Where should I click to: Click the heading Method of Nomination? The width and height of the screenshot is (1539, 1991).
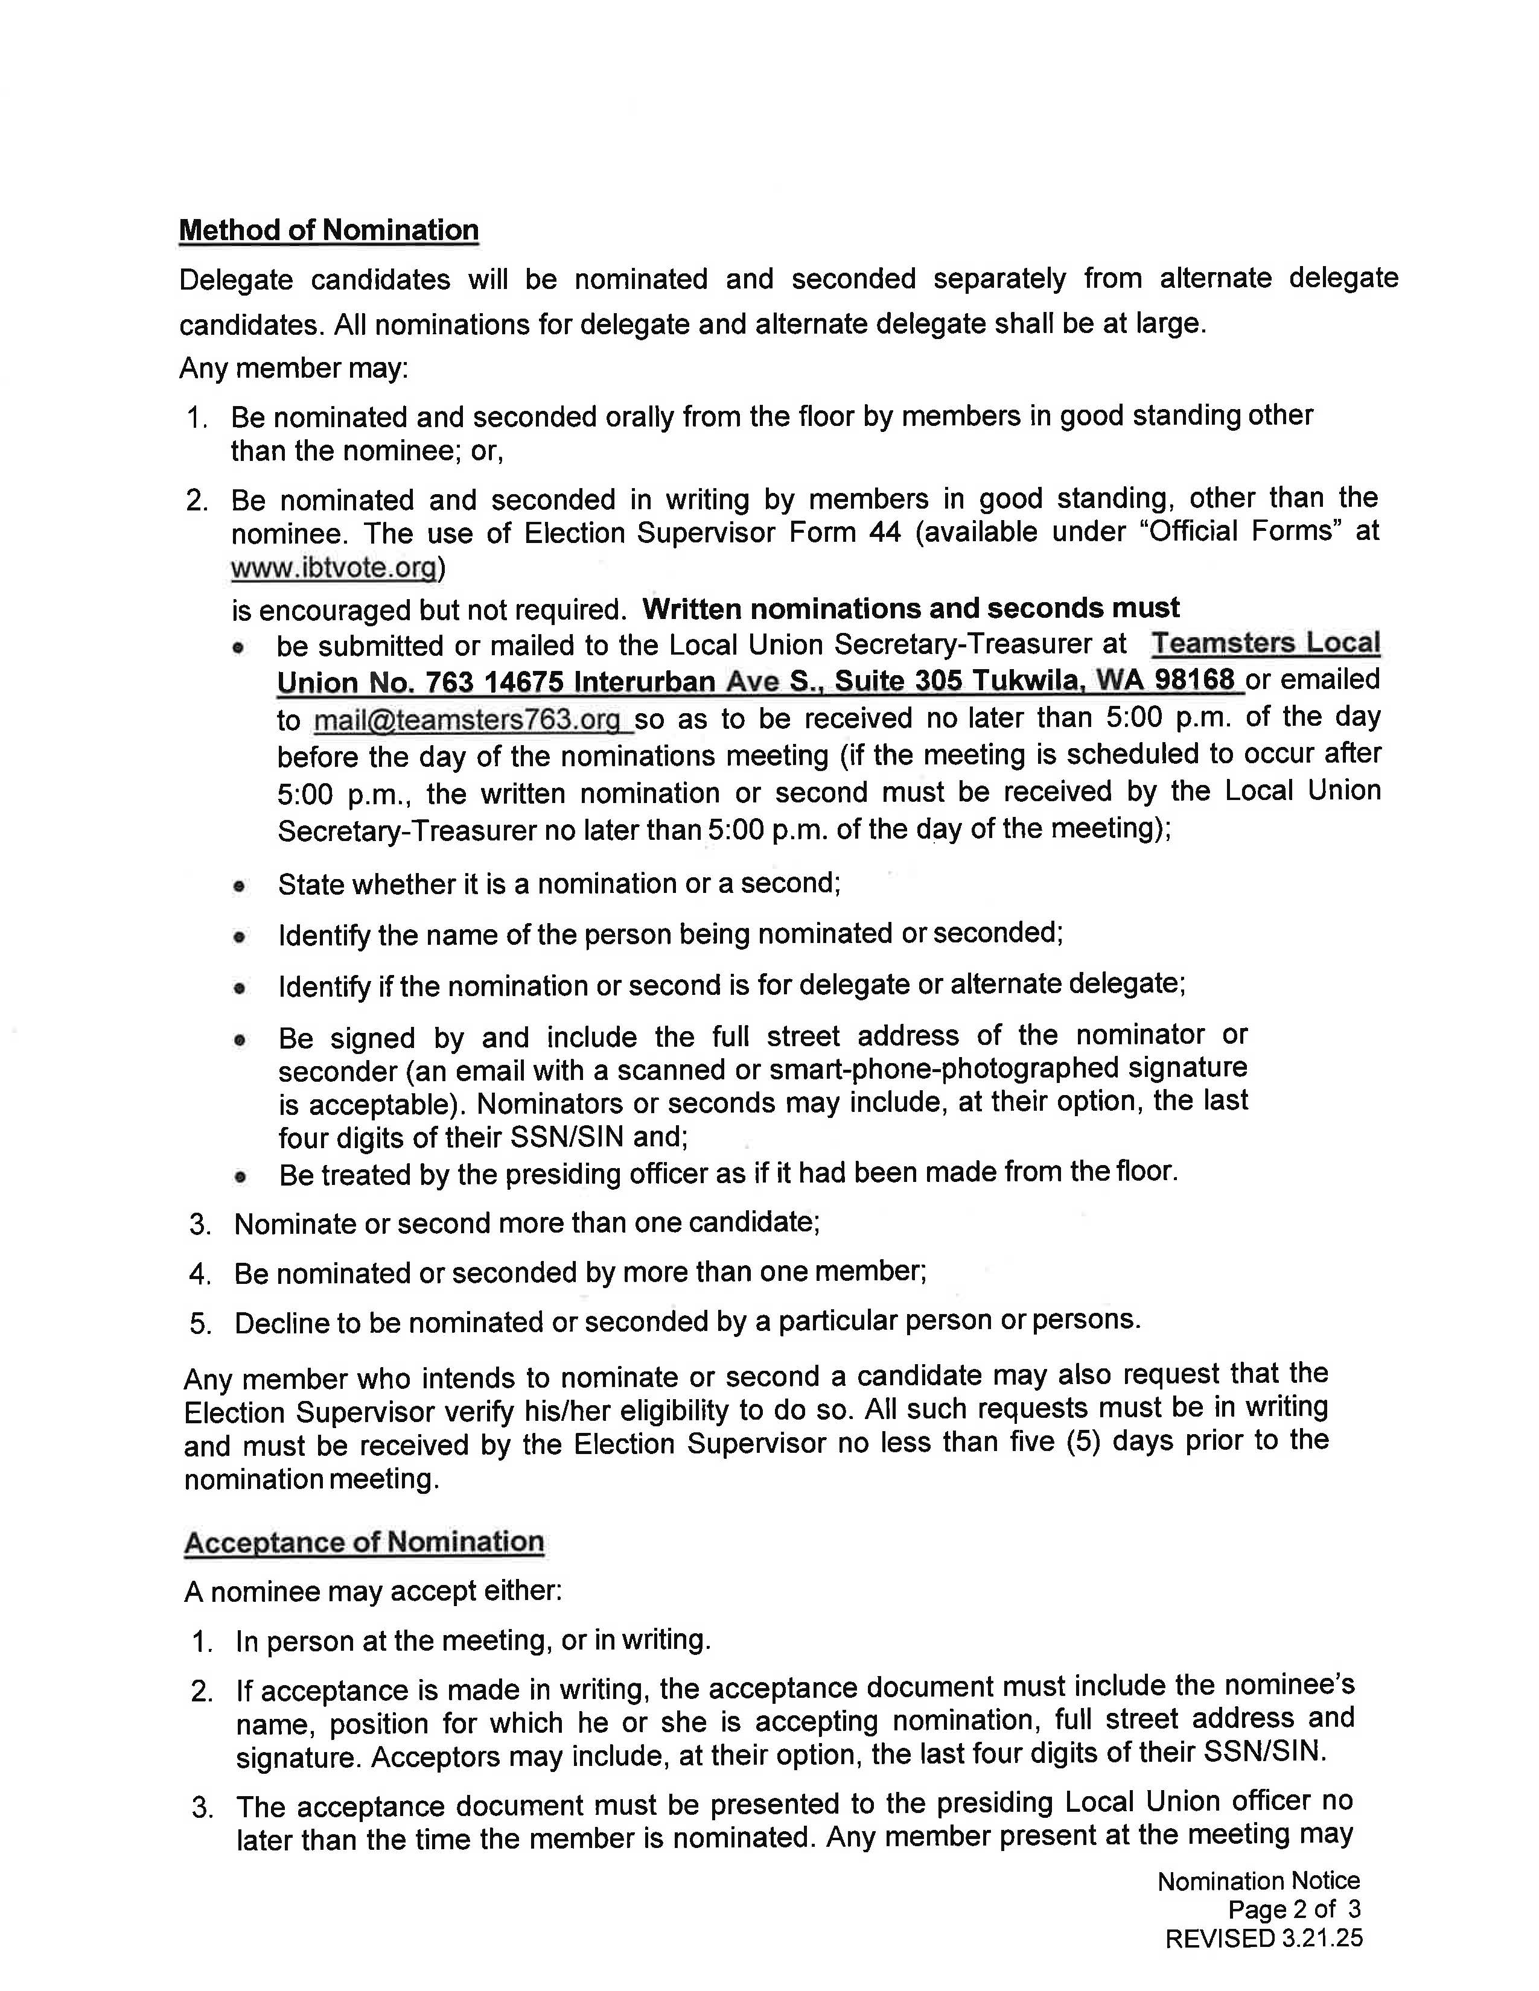point(328,230)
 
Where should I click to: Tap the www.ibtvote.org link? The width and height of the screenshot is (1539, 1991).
point(334,568)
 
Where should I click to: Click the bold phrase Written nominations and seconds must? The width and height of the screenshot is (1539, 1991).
point(910,608)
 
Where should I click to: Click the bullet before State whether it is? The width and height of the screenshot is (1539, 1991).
point(239,885)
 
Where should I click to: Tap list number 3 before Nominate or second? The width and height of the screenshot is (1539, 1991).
point(200,1224)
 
